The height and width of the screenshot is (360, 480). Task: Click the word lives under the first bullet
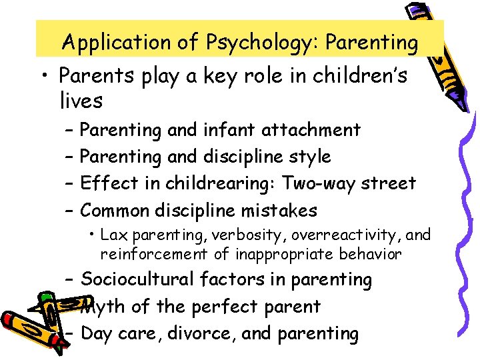80,101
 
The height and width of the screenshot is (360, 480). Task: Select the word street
387,183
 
